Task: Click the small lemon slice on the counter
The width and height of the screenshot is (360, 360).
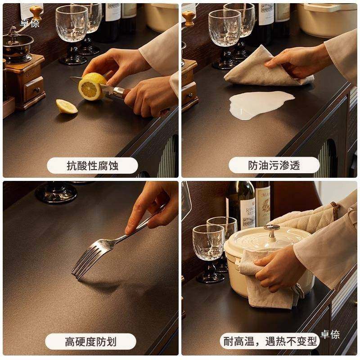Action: coord(67,106)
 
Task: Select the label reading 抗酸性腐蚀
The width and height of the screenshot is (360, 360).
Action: coord(92,166)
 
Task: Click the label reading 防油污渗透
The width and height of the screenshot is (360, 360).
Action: coord(274,166)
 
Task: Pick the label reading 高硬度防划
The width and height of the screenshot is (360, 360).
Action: coord(90,342)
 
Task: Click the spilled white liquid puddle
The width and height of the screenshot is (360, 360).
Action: coord(261,102)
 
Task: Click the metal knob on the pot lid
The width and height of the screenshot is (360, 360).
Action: coord(271,230)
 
